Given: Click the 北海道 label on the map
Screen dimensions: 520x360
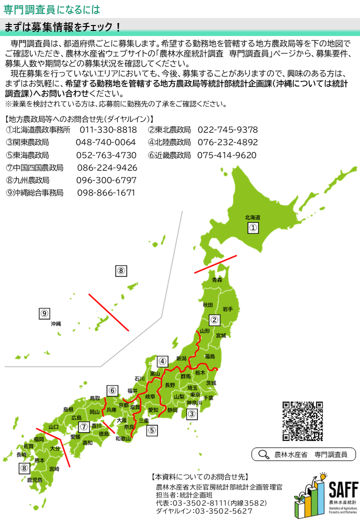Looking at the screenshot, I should [x=252, y=217].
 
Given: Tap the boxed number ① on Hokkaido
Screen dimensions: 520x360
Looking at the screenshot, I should [x=253, y=228].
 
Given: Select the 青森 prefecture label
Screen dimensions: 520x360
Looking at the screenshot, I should [x=216, y=280].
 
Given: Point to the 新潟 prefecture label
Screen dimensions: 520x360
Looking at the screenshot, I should [x=181, y=358].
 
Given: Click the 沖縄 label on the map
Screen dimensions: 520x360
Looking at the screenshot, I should [x=55, y=324].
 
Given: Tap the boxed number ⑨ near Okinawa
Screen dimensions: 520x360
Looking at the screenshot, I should [x=44, y=313].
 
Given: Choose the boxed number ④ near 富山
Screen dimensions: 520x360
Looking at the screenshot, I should [x=162, y=361].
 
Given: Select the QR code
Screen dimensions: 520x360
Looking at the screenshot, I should [x=302, y=421].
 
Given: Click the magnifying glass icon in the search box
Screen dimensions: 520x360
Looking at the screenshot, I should [x=263, y=454].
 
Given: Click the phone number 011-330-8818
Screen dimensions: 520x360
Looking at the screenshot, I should [x=108, y=130].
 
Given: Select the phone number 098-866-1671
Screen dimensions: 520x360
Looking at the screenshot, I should [x=106, y=192].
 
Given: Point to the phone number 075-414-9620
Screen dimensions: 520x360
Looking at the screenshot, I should [x=227, y=155].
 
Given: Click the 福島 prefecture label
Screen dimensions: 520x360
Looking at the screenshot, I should [x=209, y=356].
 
